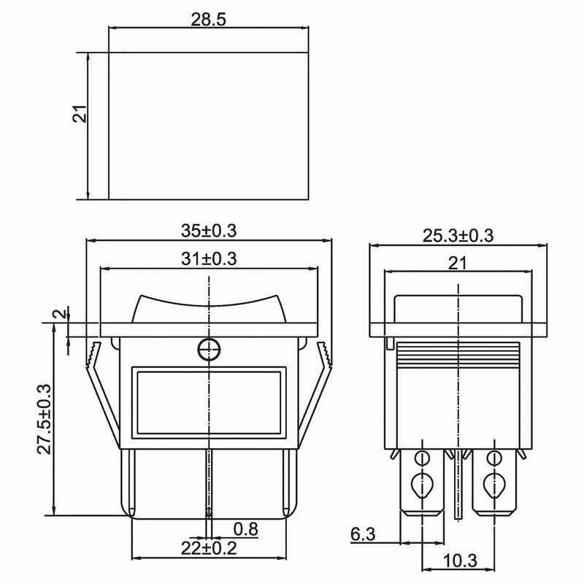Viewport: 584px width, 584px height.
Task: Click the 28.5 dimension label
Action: (208, 20)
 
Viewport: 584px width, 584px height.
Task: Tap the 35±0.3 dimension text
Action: (209, 231)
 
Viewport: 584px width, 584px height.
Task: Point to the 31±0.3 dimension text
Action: (209, 258)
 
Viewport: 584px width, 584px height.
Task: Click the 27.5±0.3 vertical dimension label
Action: (43, 420)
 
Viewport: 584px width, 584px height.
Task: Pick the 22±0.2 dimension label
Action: (209, 547)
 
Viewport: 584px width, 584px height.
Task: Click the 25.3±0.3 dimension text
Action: (458, 235)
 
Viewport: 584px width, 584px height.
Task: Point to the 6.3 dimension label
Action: (363, 535)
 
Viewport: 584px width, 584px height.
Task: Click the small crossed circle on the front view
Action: (209, 350)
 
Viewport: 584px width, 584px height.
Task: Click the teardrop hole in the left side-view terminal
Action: (421, 483)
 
